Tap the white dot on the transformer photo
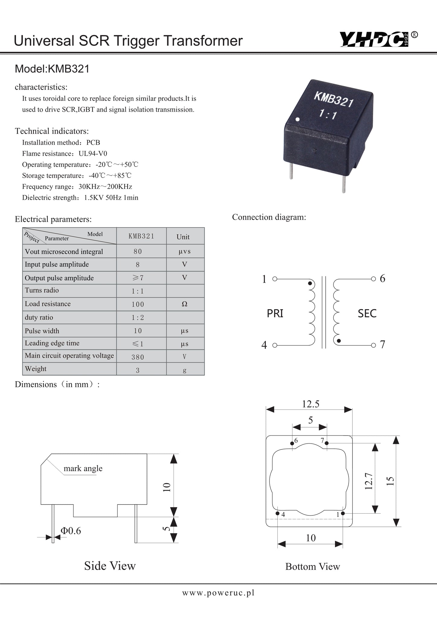click(x=298, y=119)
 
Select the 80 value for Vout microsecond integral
click(x=138, y=251)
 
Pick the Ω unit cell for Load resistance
click(x=185, y=304)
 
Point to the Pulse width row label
click(x=42, y=331)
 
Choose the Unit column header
click(x=183, y=237)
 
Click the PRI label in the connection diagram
click(x=275, y=314)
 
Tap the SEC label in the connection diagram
click(x=367, y=314)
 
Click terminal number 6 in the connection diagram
click(x=382, y=278)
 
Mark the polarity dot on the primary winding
click(x=310, y=283)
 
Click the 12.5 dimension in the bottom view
click(x=311, y=404)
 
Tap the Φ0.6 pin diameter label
click(x=71, y=530)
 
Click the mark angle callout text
click(x=83, y=468)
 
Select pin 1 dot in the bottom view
click(x=343, y=513)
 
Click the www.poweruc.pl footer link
click(x=218, y=593)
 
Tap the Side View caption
click(x=110, y=565)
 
